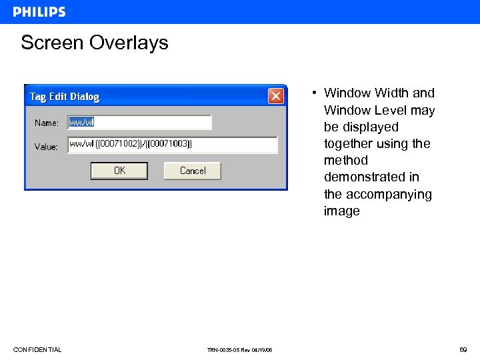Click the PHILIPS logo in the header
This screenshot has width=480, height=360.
pos(39,12)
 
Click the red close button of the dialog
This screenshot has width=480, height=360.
pos(276,96)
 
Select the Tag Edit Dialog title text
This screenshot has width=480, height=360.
pos(64,97)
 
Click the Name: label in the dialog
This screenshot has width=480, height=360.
pos(47,123)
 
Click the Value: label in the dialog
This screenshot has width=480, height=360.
pos(47,147)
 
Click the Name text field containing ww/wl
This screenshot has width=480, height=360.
pos(140,123)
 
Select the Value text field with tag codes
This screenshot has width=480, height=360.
pos(172,145)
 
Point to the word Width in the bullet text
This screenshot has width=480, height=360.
pos(391,93)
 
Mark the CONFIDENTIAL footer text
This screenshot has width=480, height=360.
pos(37,349)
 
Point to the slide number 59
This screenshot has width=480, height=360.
pos(463,349)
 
